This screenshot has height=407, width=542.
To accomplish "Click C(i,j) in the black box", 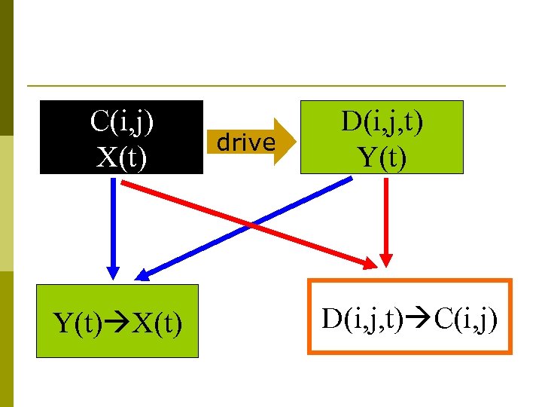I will tap(122, 121).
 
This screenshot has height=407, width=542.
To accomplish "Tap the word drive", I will tap(245, 142).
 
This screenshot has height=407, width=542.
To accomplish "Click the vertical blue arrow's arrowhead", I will tap(113, 273).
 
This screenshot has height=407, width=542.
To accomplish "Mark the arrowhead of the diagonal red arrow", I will tap(373, 263).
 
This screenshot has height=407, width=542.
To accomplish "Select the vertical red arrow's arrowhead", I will tap(386, 260).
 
